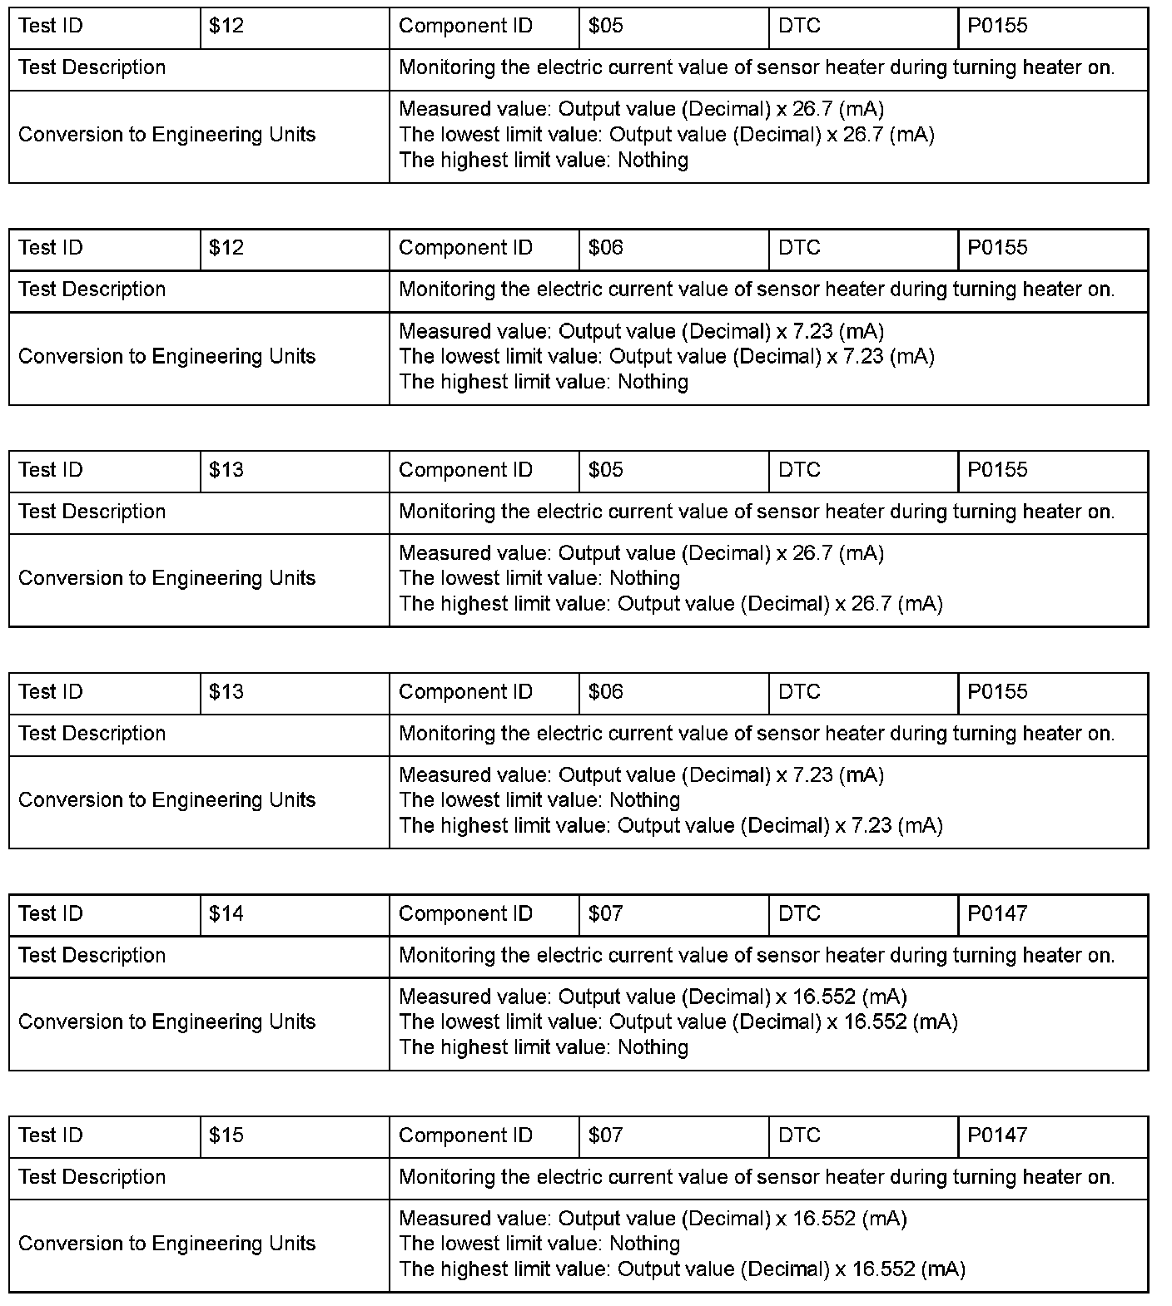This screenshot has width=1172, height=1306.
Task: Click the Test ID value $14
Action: click(x=226, y=913)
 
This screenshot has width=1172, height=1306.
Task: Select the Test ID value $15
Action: click(x=226, y=1135)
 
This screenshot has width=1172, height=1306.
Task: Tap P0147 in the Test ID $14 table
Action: click(x=997, y=913)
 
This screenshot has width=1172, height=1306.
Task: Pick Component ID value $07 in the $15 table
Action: click(x=605, y=1135)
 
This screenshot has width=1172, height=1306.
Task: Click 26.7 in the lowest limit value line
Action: click(x=862, y=135)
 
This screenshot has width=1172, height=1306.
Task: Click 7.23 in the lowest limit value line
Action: click(x=862, y=357)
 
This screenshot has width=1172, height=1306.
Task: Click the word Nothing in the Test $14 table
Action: click(x=653, y=1047)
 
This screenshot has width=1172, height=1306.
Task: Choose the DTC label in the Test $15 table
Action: click(x=799, y=1135)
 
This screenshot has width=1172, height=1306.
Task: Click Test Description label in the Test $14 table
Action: click(x=92, y=955)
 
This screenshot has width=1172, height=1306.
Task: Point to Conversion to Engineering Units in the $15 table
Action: click(x=166, y=1244)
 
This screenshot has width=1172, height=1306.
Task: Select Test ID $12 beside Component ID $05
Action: click(x=226, y=26)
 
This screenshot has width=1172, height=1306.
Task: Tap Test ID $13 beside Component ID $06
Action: click(x=226, y=692)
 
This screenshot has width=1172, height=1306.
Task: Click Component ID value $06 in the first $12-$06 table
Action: click(x=605, y=248)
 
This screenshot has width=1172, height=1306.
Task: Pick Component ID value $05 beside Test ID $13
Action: click(x=605, y=470)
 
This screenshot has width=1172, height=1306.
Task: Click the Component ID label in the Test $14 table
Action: click(x=465, y=913)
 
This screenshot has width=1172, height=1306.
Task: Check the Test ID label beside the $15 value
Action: click(x=51, y=1135)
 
